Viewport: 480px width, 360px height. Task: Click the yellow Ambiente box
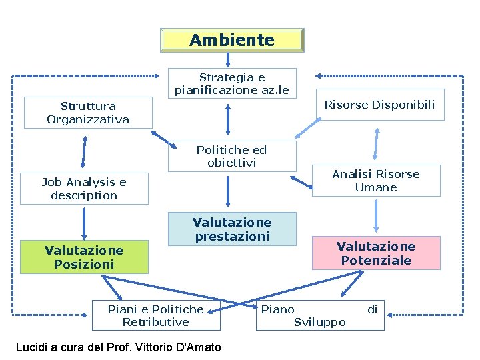click(x=232, y=40)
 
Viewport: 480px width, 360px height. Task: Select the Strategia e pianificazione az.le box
click(x=232, y=83)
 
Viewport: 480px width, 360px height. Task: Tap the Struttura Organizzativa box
click(x=88, y=113)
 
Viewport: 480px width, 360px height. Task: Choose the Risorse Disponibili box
click(x=379, y=105)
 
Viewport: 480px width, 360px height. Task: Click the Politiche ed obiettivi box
click(x=231, y=156)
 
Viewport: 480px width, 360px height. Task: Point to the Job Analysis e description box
click(x=84, y=189)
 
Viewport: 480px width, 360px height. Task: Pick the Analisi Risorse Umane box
click(x=376, y=181)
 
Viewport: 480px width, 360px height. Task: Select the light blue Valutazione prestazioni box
click(x=231, y=229)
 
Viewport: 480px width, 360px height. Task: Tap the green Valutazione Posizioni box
click(x=84, y=257)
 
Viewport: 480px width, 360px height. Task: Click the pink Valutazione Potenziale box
click(x=376, y=253)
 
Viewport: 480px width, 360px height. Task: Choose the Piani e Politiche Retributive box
click(x=155, y=315)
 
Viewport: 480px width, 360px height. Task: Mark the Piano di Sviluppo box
click(x=320, y=315)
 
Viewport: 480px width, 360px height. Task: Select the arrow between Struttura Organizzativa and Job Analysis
click(x=84, y=151)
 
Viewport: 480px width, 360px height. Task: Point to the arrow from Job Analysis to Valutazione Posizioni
click(x=84, y=223)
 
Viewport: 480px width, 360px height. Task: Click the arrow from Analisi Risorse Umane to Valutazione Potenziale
click(x=376, y=215)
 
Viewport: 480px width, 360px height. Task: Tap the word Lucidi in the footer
click(x=32, y=347)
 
